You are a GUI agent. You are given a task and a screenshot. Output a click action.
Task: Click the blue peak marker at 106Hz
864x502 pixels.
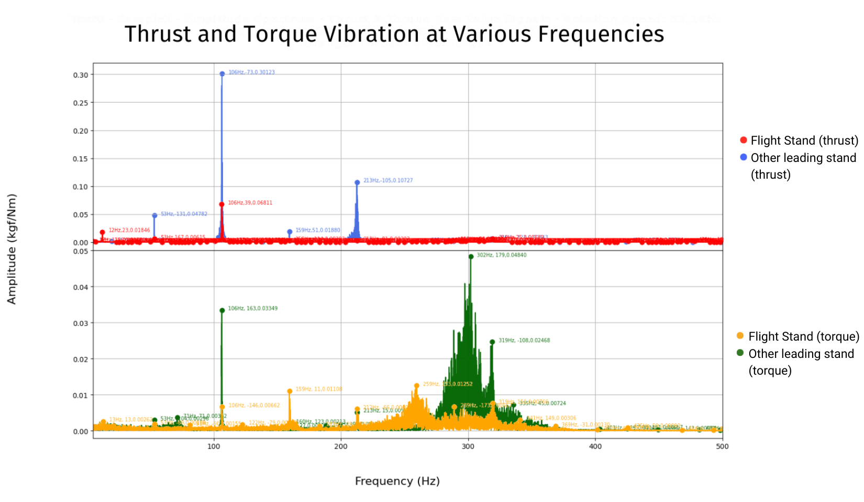222,74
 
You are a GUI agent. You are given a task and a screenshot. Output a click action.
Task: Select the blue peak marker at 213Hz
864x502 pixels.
357,182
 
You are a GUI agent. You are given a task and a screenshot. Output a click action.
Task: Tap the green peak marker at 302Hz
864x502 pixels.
471,257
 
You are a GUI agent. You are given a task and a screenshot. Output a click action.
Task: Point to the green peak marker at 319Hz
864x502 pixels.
492,342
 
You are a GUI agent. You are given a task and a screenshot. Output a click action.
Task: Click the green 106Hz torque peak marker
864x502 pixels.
222,310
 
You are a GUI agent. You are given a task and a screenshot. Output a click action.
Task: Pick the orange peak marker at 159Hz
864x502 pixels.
290,391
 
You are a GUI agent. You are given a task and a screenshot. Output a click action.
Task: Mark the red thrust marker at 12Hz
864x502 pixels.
102,232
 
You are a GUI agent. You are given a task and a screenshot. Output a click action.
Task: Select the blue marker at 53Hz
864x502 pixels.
154,215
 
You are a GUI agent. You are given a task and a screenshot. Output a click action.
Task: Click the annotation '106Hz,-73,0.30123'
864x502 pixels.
251,72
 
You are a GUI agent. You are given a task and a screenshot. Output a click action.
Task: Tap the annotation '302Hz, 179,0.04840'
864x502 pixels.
501,255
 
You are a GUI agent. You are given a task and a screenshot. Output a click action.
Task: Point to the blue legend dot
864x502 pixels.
743,157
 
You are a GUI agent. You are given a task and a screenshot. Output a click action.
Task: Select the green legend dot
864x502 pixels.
740,353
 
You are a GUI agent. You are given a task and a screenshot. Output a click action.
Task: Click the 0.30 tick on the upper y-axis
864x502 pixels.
81,75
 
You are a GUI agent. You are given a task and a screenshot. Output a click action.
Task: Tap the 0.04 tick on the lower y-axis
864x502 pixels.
81,287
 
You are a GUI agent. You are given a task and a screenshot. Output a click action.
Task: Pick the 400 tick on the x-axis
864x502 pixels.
595,446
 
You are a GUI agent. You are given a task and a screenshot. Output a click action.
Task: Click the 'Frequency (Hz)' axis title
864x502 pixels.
397,481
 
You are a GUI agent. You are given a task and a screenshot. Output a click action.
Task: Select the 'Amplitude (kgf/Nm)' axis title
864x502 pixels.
12,249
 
